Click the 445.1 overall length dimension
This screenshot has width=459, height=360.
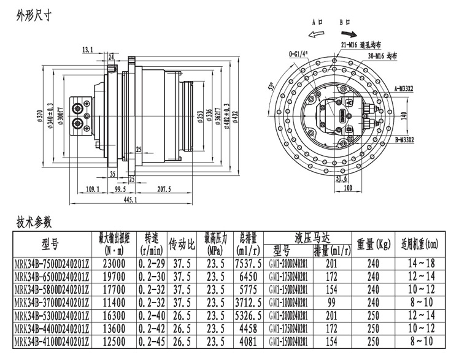click(x=130, y=200)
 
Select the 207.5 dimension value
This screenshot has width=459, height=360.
click(x=163, y=190)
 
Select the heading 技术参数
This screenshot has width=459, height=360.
click(x=33, y=221)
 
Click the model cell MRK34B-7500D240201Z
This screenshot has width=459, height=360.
click(x=52, y=262)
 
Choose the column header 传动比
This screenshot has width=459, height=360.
click(x=182, y=243)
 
